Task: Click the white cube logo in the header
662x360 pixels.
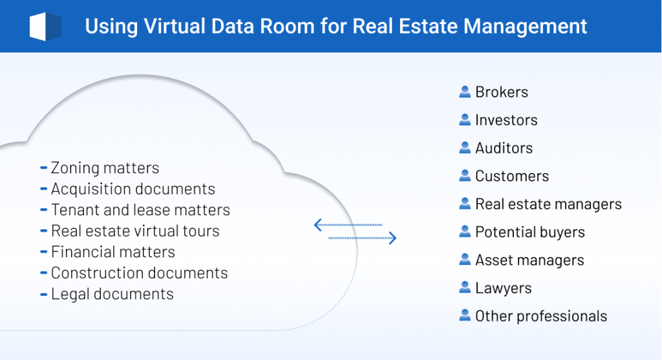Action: [x=45, y=26]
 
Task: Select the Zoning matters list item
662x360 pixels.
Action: [x=105, y=168]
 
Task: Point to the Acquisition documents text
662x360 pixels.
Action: [x=133, y=189]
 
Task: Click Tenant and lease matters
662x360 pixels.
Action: [x=140, y=210]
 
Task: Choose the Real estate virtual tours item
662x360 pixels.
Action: [x=135, y=231]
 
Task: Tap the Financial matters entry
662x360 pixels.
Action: [x=113, y=252]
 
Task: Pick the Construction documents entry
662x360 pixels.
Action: [x=140, y=273]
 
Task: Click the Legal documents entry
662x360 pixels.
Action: [x=112, y=294]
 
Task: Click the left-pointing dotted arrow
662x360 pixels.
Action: [x=348, y=225]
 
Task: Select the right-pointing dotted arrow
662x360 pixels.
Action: [x=362, y=238]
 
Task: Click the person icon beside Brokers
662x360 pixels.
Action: [x=464, y=92]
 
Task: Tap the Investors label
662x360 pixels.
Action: [x=506, y=120]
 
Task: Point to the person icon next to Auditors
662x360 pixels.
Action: [x=464, y=148]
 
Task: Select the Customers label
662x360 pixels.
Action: [x=512, y=176]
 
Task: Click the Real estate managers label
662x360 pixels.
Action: [x=548, y=204]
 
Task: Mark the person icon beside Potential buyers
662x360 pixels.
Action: [x=464, y=232]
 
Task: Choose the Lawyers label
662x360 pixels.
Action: [x=504, y=288]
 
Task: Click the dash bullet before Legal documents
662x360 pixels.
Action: [x=44, y=294]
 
